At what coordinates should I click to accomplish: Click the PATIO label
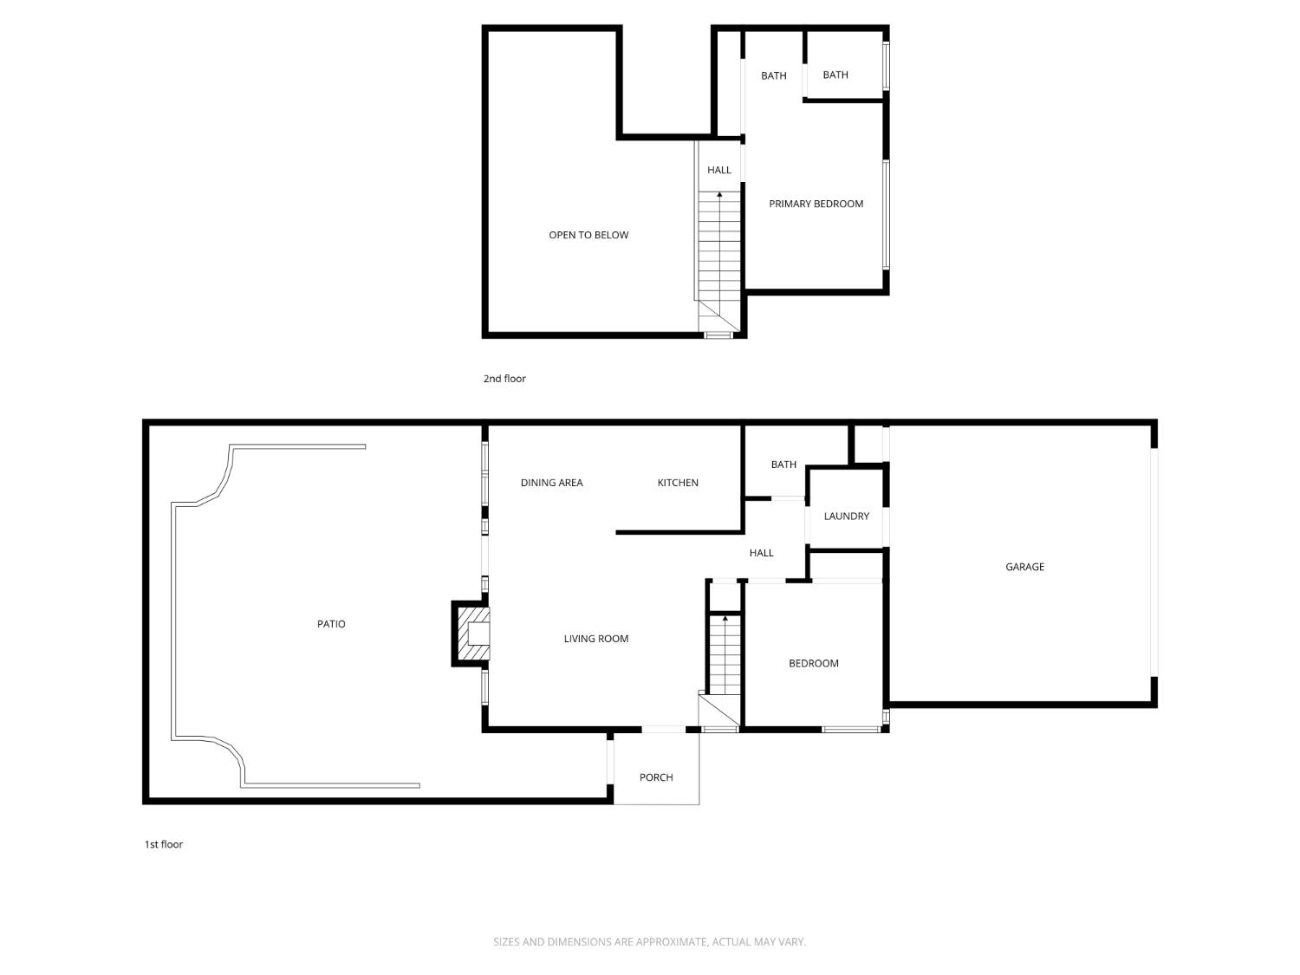[x=331, y=624]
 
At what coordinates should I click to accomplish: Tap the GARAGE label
[x=1024, y=567]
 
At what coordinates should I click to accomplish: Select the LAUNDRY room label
[x=846, y=517]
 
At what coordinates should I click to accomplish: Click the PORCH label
[x=656, y=777]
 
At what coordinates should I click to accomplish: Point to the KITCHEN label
[x=678, y=483]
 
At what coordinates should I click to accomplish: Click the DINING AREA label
[x=551, y=483]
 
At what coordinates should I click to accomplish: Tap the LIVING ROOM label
[x=596, y=639]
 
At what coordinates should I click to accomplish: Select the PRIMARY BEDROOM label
[x=816, y=204]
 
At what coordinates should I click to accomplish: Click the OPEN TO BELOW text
[x=588, y=235]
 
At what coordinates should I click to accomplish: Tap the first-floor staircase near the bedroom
[x=725, y=654]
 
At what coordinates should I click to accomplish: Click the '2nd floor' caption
[x=504, y=379]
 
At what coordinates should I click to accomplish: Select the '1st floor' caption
[x=164, y=844]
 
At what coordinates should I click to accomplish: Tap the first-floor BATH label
[x=783, y=465]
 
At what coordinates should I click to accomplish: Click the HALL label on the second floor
[x=718, y=170]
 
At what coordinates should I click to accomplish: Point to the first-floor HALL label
[x=761, y=553]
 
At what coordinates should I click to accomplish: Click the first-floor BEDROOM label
[x=813, y=664]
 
